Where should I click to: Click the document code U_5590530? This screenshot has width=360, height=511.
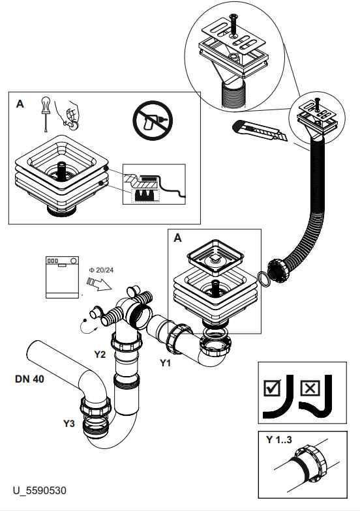(39, 490)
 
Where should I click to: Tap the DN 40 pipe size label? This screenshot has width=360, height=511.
(29, 379)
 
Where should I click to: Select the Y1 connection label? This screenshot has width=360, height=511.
(166, 362)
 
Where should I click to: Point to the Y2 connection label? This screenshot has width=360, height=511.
(100, 355)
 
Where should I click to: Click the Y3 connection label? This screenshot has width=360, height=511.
(69, 424)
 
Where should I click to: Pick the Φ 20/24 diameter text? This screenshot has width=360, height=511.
(102, 270)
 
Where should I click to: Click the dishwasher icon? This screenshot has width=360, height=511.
(63, 277)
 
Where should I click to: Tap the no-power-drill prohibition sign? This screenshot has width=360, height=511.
(153, 120)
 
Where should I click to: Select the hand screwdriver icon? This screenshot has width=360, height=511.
(46, 113)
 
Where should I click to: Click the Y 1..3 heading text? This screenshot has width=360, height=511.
(279, 439)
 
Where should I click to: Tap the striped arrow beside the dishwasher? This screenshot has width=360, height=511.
(99, 283)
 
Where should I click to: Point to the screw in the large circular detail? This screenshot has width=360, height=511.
(233, 25)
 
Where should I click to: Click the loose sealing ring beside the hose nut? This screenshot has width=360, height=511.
(264, 279)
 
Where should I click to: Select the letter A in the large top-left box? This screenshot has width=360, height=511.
(20, 104)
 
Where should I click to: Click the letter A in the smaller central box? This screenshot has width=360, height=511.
(177, 238)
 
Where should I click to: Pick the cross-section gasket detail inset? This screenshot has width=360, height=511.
(154, 184)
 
